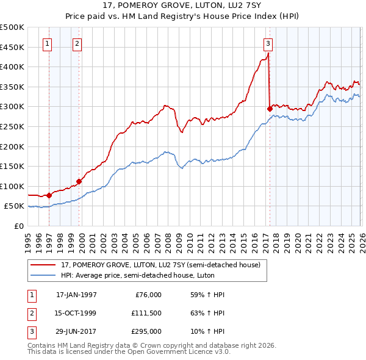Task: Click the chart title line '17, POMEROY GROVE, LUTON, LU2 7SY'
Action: [x=183, y=6]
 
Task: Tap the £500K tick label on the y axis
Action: [x=12, y=27]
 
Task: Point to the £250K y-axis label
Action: [x=12, y=126]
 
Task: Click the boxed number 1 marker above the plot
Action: [x=48, y=43]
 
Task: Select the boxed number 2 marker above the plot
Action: [x=77, y=43]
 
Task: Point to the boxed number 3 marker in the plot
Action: [x=268, y=43]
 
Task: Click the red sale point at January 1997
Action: [x=49, y=195]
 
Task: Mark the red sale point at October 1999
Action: [x=79, y=181]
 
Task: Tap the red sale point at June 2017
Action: [x=270, y=109]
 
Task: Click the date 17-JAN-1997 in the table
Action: [x=76, y=295]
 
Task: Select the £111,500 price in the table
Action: [x=146, y=313]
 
